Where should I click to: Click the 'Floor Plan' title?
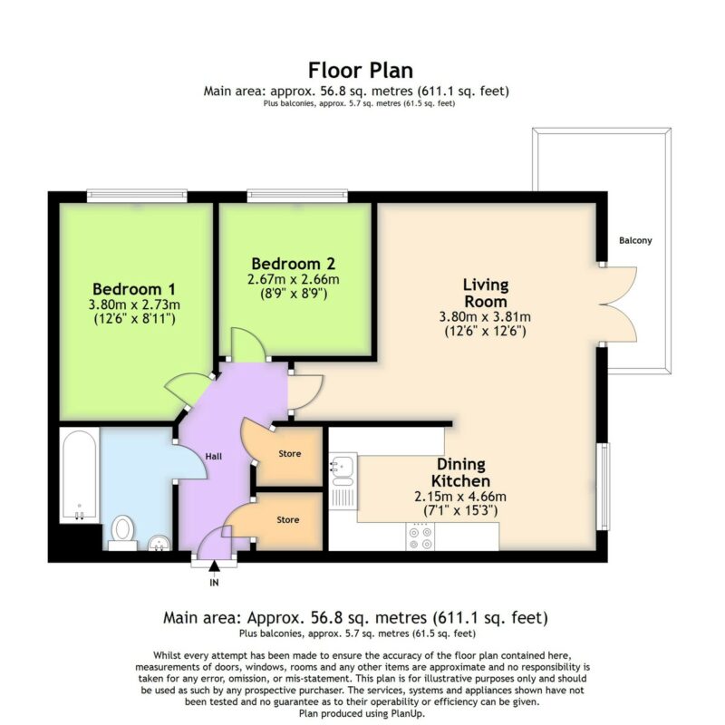tap(361, 71)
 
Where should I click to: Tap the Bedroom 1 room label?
tap(134, 289)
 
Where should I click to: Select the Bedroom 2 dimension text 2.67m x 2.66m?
tap(293, 279)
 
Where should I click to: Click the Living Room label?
tap(486, 293)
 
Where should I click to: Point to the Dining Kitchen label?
tap(461, 472)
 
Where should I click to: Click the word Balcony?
tap(635, 240)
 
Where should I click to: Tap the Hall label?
tap(214, 457)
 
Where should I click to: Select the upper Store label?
tap(290, 454)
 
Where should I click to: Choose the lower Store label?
tap(288, 519)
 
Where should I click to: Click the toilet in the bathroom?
tap(123, 533)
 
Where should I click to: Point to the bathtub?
tap(80, 475)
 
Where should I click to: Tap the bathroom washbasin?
tap(160, 543)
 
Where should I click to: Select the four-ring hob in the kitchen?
tap(420, 536)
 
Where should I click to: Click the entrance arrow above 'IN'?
tap(214, 565)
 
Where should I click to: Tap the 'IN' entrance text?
tap(214, 583)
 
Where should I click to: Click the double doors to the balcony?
tap(619, 304)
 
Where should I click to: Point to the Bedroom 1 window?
tap(137, 197)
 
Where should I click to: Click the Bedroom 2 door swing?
tap(247, 344)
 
